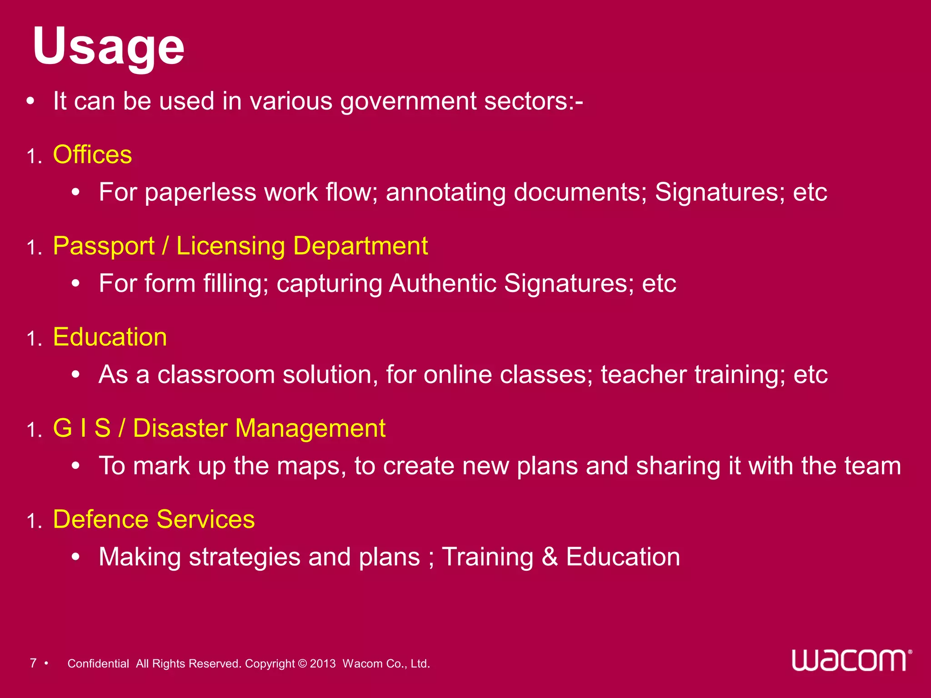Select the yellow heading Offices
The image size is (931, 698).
click(92, 155)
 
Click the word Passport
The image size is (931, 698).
click(104, 246)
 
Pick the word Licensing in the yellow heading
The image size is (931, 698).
click(230, 246)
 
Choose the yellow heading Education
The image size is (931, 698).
click(110, 337)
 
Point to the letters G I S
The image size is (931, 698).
click(82, 428)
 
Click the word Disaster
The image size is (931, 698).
click(180, 428)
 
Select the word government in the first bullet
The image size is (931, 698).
click(408, 101)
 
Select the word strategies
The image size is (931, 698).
click(245, 557)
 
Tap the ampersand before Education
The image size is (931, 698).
click(550, 557)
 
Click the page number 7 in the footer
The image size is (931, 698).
click(33, 663)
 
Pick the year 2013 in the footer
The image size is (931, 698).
click(323, 663)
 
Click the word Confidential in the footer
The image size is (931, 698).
click(98, 663)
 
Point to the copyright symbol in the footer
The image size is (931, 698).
click(302, 663)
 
